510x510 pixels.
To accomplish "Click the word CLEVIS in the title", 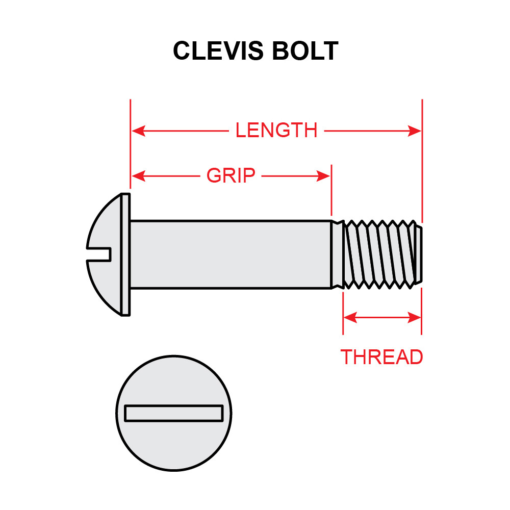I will click(216, 51).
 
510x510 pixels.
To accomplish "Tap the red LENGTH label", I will click(276, 131).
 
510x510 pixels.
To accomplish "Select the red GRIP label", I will click(231, 176).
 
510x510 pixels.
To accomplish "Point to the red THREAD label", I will click(381, 357).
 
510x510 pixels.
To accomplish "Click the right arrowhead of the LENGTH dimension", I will click(415, 131).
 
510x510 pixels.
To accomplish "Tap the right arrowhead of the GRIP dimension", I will click(324, 176).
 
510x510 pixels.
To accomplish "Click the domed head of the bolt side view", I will click(105, 229).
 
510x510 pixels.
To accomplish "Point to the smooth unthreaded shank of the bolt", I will click(229, 254).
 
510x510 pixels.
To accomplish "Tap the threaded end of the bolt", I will click(380, 254).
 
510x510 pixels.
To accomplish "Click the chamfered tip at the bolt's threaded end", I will click(419, 254).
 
